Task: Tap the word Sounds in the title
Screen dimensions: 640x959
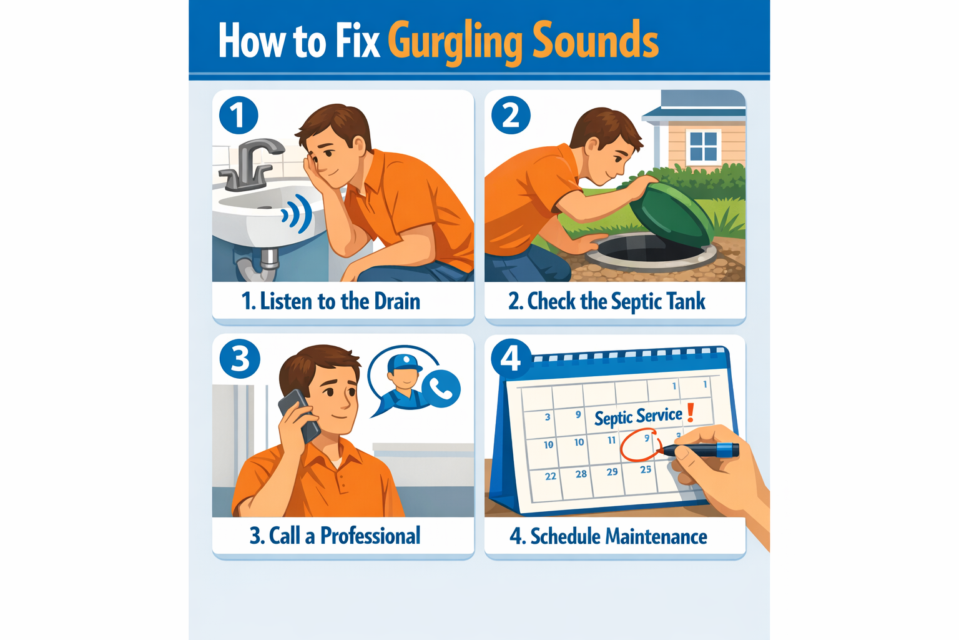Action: point(596,40)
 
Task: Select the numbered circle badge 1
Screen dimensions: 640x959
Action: point(239,115)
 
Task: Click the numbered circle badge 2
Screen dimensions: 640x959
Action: point(511,115)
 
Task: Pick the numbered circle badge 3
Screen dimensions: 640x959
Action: point(240,359)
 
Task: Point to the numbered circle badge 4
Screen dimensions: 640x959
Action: point(511,358)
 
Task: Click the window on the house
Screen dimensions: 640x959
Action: point(703,147)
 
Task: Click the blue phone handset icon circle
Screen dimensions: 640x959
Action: point(442,389)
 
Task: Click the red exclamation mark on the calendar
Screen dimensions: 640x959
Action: point(691,412)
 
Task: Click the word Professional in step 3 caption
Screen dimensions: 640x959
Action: point(370,536)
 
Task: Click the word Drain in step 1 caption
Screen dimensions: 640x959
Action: point(397,302)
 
